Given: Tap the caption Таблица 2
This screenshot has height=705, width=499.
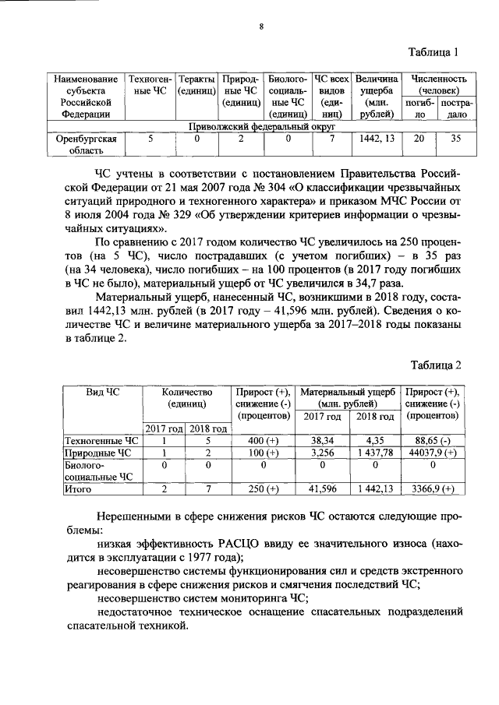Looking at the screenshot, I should click(437, 365).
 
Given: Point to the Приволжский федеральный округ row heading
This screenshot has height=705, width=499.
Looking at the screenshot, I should click(261, 125).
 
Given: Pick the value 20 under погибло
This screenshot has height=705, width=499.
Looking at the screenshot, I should click(419, 139).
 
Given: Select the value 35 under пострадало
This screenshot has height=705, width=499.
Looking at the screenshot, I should click(456, 139).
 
